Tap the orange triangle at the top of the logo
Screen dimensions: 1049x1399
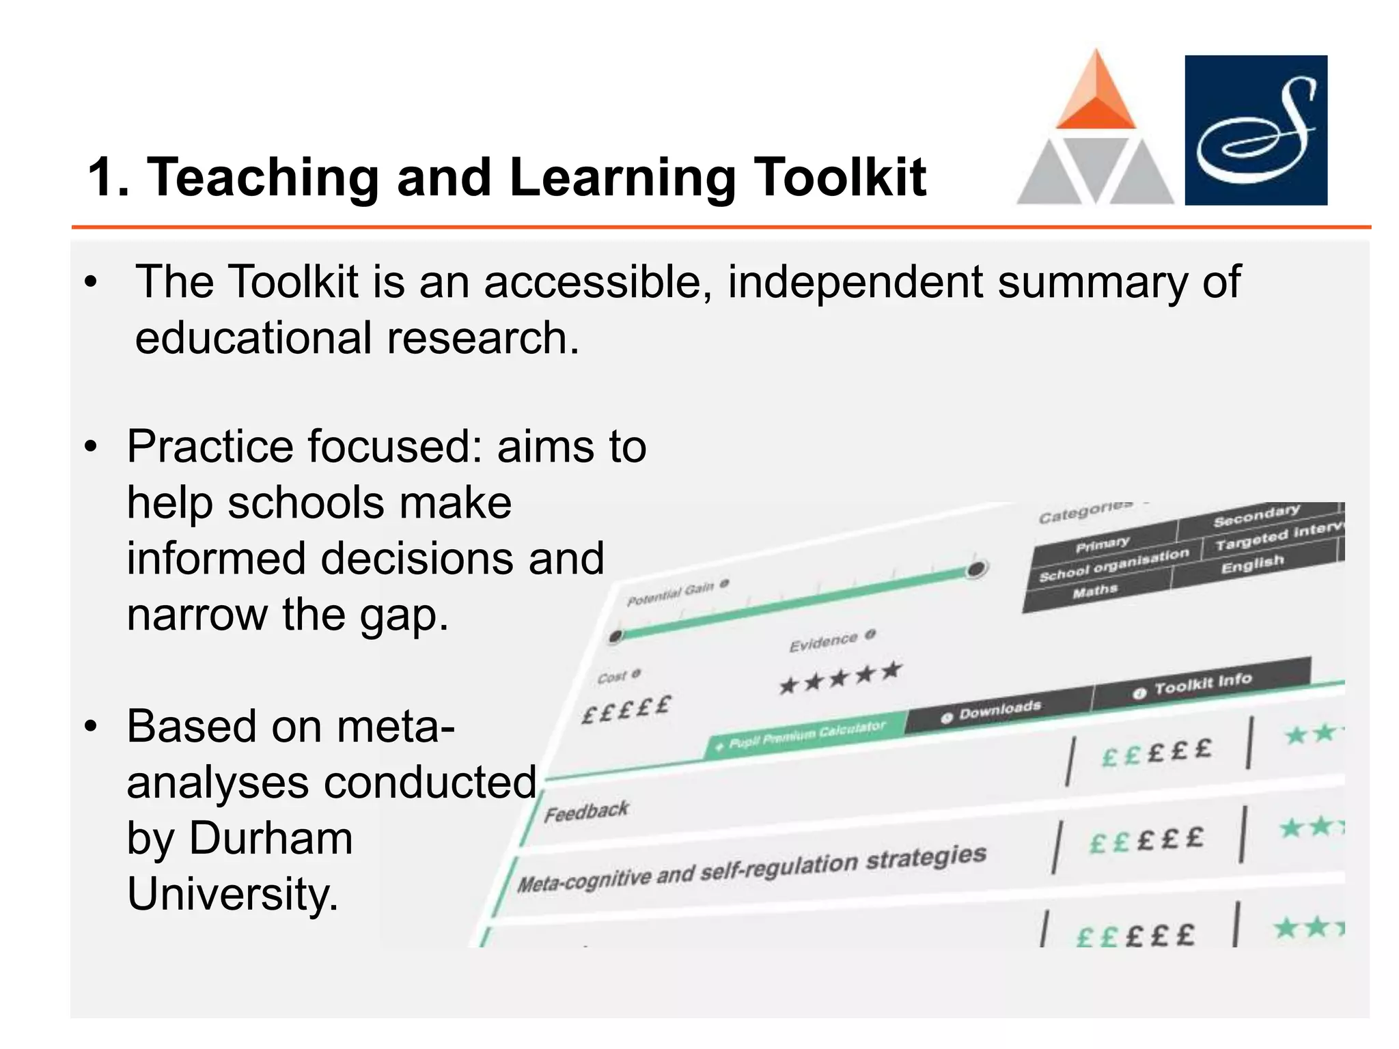[x=1096, y=92]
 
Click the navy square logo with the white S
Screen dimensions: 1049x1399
[x=1256, y=130]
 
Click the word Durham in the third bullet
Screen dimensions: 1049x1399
[x=271, y=838]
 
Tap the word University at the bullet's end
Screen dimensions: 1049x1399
[x=232, y=894]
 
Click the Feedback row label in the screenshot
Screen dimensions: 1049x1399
[x=586, y=811]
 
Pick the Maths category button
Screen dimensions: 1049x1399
[x=1095, y=591]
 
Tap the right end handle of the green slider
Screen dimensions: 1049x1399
[x=977, y=568]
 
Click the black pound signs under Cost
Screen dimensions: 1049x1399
[x=626, y=708]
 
